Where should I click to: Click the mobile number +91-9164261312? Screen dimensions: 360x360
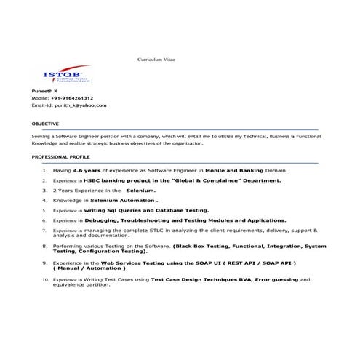coord(72,98)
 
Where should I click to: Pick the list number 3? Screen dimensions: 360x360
coord(45,190)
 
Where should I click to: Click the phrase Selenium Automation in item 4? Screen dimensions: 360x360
coord(122,199)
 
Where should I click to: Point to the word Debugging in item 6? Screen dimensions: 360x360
coord(100,219)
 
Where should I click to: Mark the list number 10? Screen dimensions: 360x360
coord(44,279)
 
